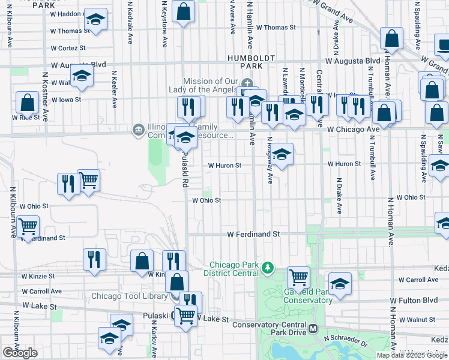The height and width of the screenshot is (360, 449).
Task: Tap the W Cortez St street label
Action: [x=68, y=48]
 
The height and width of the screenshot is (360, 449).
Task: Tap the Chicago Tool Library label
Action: [x=129, y=296]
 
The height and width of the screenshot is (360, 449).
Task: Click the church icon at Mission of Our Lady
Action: [x=247, y=83]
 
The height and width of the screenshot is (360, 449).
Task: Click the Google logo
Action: [x=20, y=353]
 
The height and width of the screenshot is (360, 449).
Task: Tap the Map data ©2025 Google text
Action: [x=412, y=355]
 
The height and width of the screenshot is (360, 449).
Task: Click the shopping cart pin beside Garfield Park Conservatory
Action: [x=298, y=277]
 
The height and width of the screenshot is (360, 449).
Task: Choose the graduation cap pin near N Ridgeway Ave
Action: [x=282, y=155]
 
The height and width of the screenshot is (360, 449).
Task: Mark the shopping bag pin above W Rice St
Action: [x=27, y=103]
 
